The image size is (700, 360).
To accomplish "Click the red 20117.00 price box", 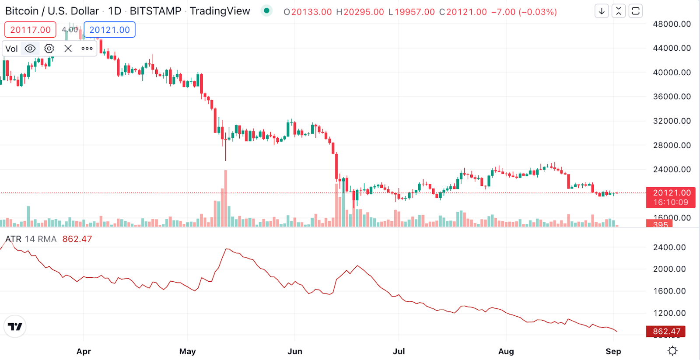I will (30, 30).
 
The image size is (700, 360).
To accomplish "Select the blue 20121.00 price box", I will (109, 30).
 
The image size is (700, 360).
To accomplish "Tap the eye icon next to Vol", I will (30, 49).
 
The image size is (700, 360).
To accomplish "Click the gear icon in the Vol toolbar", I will (49, 49).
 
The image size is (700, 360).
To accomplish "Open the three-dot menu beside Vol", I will (87, 49).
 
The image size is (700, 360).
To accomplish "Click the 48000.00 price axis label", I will (672, 24).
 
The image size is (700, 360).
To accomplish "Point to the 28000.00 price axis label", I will (672, 145).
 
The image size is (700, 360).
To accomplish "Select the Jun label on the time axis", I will (295, 351).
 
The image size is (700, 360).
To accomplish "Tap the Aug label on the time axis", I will (506, 351).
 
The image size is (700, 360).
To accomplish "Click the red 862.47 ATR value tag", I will (666, 332).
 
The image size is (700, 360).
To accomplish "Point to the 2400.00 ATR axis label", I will (669, 247).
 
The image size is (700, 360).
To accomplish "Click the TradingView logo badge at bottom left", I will (15, 326).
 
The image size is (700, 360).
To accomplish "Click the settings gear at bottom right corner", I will (672, 351).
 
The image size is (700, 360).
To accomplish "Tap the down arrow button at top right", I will (602, 11).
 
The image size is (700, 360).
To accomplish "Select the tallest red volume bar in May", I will (226, 199).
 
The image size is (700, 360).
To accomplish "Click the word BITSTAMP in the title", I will (155, 11).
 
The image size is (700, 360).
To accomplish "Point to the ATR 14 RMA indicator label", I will (31, 239).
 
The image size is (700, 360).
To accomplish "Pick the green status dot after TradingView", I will (266, 10).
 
